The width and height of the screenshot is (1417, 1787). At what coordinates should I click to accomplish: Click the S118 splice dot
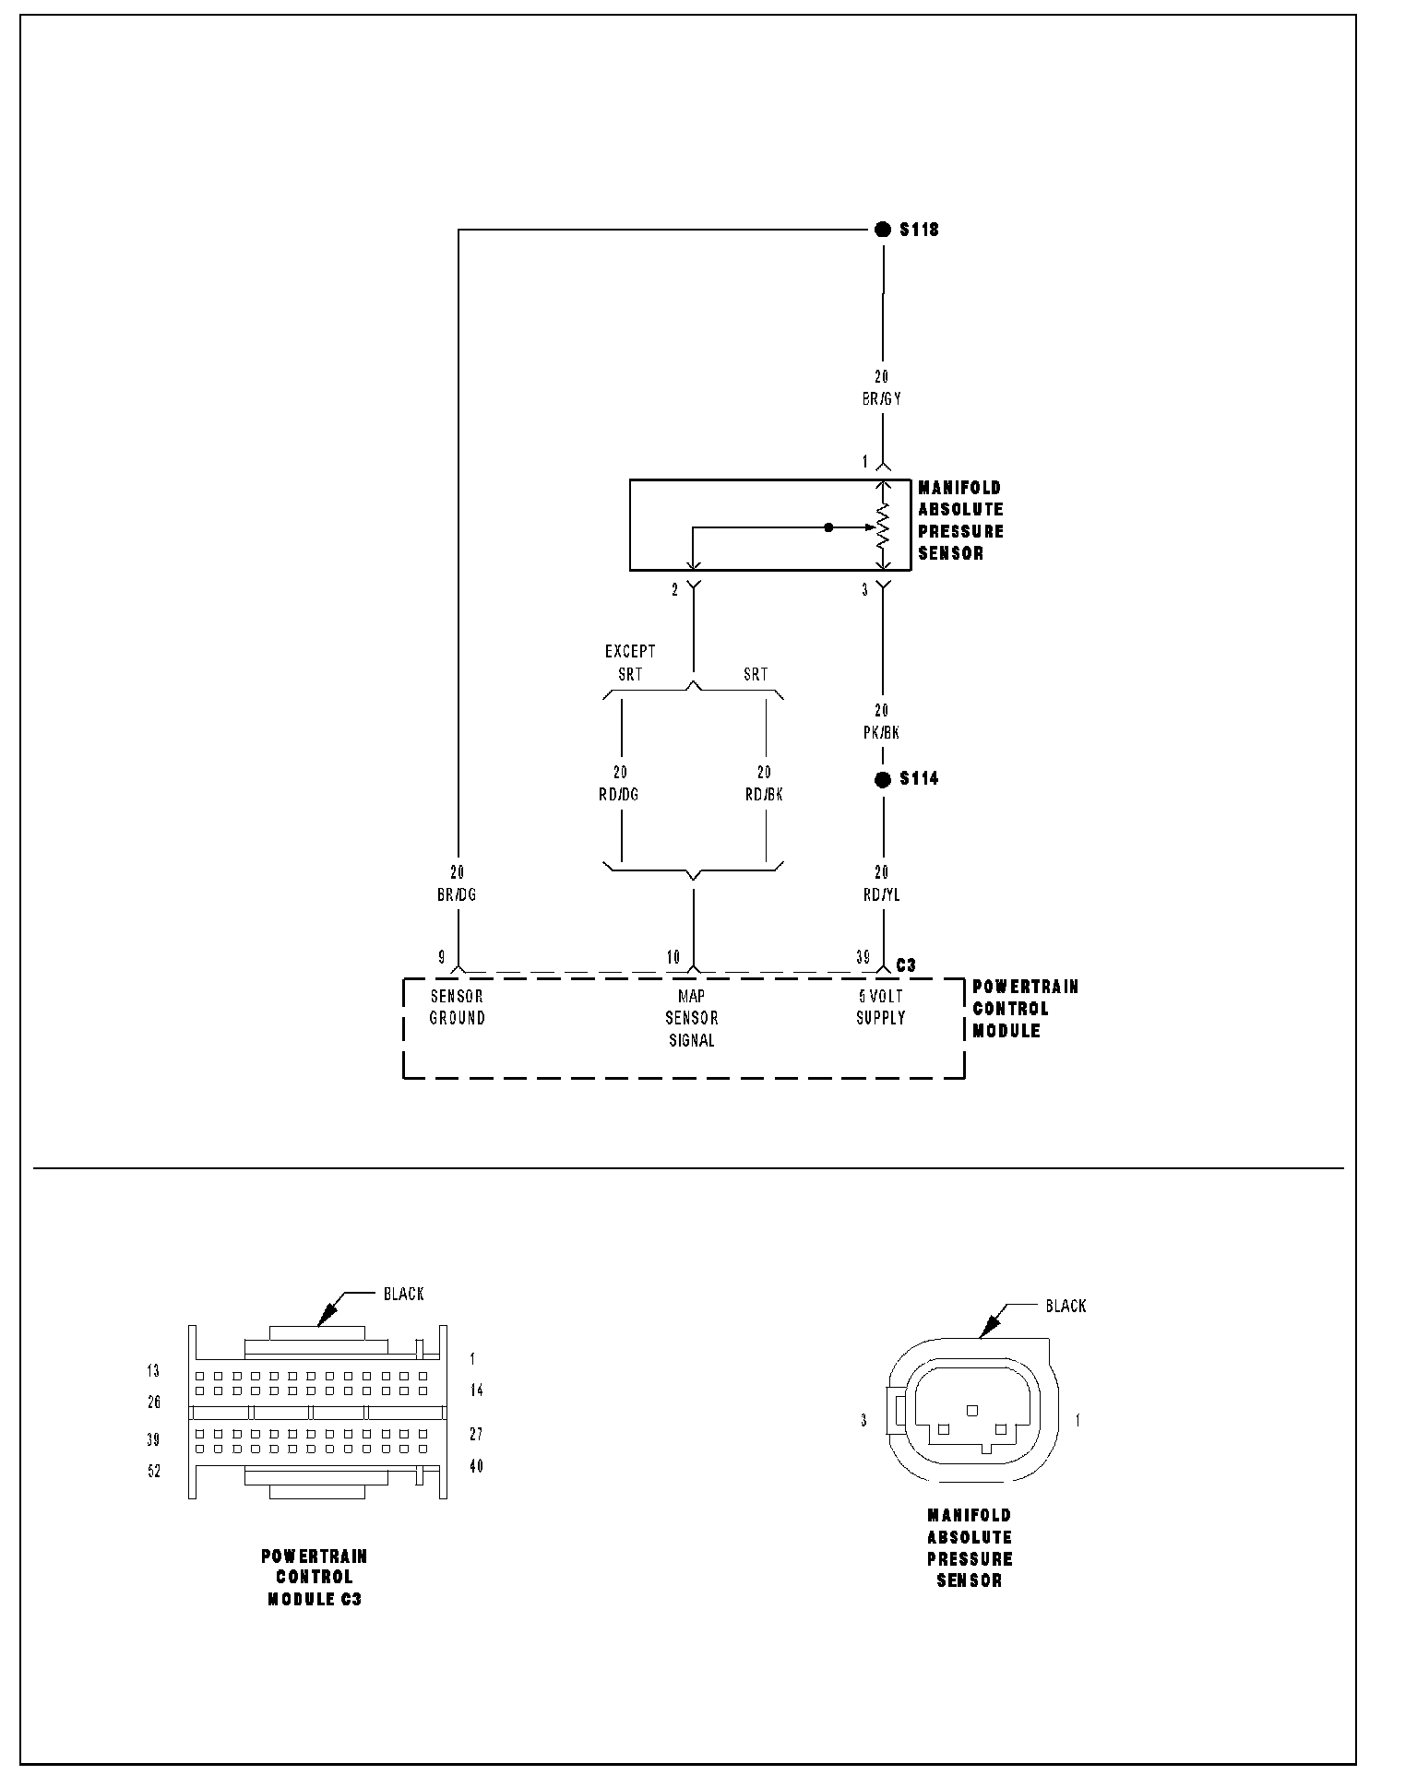tap(883, 230)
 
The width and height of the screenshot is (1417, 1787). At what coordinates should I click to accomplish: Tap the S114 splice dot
tap(883, 780)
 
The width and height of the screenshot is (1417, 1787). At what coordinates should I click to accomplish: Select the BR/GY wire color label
tap(882, 400)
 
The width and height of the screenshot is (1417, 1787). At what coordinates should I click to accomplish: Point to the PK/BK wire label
tap(881, 733)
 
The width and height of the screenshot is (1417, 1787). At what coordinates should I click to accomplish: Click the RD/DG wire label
tap(619, 795)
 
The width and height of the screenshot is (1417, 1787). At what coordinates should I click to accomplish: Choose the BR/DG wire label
tap(457, 894)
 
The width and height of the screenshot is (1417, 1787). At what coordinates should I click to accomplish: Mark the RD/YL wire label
tap(881, 894)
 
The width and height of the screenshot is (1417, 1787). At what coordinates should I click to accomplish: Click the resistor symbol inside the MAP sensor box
tap(883, 526)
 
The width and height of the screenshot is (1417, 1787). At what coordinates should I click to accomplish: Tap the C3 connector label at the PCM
tap(906, 965)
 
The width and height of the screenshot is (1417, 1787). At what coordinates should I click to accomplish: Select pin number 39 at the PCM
tap(863, 957)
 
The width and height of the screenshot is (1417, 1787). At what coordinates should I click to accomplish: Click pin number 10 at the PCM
tap(673, 957)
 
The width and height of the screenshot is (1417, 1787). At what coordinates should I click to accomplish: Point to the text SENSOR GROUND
tap(458, 1007)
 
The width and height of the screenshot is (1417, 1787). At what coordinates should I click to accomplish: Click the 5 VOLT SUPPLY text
tap(880, 1007)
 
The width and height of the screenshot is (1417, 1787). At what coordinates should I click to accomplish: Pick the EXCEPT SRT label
tap(630, 663)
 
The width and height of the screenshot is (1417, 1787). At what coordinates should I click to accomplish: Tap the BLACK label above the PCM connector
tap(404, 1295)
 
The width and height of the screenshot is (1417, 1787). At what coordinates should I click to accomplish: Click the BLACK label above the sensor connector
tap(1066, 1306)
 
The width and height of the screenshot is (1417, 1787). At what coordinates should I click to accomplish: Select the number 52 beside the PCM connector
tap(154, 1472)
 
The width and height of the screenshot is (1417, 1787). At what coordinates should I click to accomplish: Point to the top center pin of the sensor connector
tap(971, 1410)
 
